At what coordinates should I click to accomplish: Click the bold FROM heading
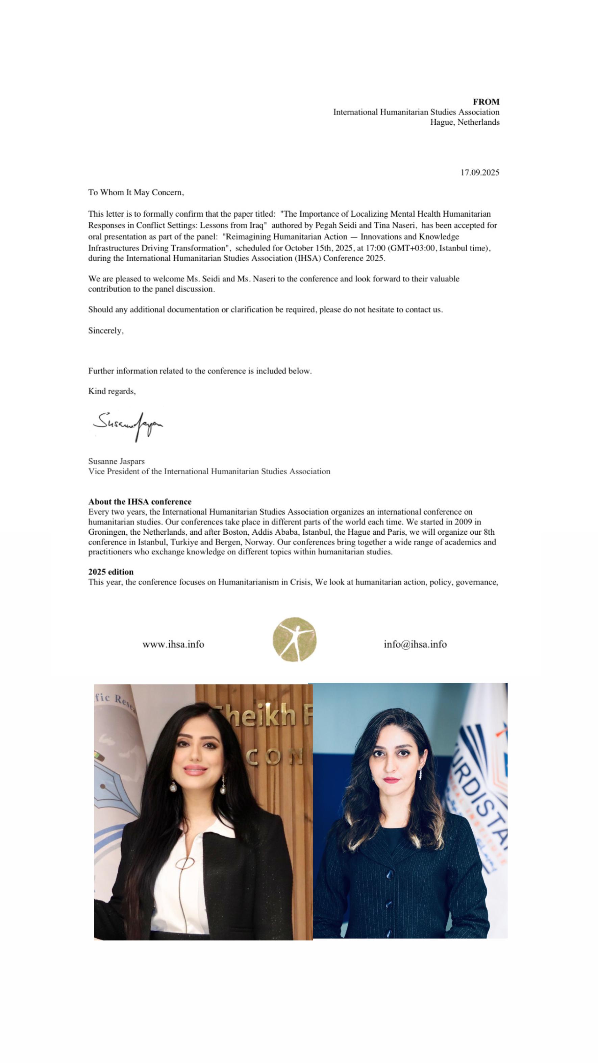coord(486,101)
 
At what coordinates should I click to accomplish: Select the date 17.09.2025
coord(480,172)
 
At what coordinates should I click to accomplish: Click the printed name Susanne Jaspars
coord(116,461)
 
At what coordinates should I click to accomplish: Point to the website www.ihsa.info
coord(173,644)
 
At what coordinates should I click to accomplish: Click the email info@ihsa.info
coord(415,644)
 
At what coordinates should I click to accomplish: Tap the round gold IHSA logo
coord(295,639)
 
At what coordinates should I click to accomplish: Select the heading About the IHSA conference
coord(140,501)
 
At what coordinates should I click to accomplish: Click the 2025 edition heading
coord(110,572)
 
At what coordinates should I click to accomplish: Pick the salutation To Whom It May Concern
coord(136,192)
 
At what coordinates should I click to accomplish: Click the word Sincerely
coord(105,331)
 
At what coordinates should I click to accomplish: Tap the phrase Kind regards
coord(112,391)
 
